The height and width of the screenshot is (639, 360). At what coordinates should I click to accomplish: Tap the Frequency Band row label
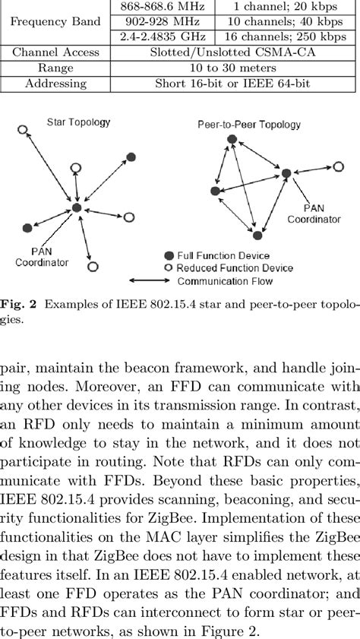coord(55,22)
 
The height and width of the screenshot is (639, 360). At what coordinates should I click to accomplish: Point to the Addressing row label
coord(55,84)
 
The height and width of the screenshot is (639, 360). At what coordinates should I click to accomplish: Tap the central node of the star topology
coord(76,208)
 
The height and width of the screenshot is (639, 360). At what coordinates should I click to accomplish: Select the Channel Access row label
coord(55,53)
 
